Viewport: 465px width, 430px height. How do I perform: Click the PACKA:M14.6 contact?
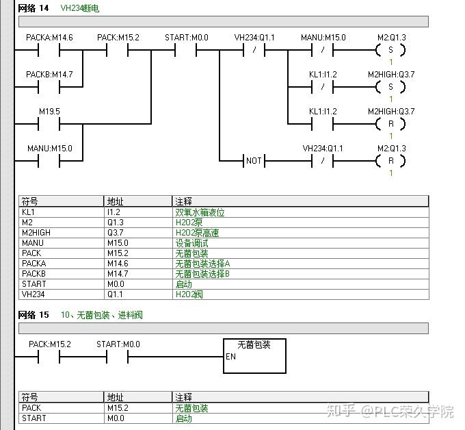pos(49,50)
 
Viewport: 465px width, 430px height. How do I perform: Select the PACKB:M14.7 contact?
pos(49,87)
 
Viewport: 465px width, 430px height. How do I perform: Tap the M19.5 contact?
pos(49,124)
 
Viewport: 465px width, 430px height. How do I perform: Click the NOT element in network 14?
pos(254,161)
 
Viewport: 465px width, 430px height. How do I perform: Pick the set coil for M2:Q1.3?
pos(390,50)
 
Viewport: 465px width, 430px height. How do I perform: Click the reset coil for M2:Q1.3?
pos(390,161)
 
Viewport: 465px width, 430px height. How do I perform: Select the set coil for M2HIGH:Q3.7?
pos(390,87)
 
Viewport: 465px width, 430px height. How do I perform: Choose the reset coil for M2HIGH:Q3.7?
pos(390,124)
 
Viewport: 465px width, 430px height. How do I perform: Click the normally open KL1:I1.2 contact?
pos(323,124)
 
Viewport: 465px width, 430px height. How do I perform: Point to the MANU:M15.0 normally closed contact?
pos(323,50)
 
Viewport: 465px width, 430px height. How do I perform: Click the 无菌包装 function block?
pos(254,356)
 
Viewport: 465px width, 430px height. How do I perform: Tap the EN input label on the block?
pos(230,357)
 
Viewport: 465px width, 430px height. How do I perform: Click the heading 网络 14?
pos(34,7)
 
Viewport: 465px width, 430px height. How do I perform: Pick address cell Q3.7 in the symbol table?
pos(118,233)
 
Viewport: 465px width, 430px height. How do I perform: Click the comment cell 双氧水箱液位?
pos(200,212)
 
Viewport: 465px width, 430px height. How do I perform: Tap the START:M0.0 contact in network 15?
pos(118,357)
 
